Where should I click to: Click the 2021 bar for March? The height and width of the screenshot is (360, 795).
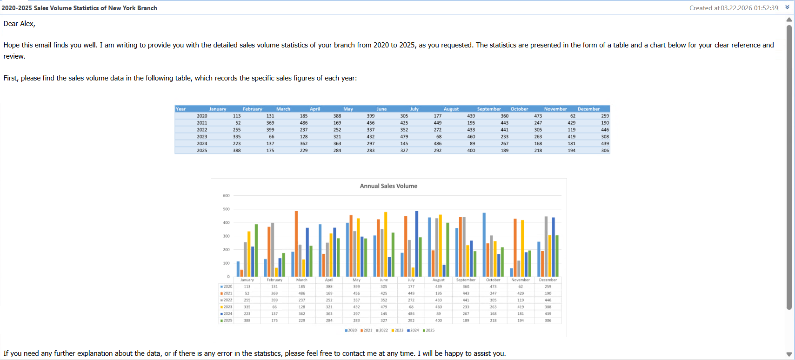coord(296,244)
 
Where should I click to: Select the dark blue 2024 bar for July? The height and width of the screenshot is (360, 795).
coord(416,244)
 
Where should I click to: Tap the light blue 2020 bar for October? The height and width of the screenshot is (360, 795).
coord(484,245)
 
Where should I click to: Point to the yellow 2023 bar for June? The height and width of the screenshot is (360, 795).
coord(386,244)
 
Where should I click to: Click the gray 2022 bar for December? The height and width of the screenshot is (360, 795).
coord(546,247)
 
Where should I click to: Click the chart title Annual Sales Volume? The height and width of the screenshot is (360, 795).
coord(388,186)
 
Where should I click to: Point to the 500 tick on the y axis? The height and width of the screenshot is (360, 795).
coord(226,209)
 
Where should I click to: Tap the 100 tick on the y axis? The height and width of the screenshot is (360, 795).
coord(226,263)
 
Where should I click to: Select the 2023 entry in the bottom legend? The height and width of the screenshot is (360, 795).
coord(398,330)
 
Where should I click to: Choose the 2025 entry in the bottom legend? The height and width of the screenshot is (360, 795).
coord(429,330)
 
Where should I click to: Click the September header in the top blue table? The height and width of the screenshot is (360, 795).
coord(488,109)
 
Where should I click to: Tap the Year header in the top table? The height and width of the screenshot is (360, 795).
coord(180,109)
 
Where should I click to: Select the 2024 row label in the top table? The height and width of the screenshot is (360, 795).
coord(202,144)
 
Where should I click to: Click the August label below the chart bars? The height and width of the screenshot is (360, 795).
coord(438,280)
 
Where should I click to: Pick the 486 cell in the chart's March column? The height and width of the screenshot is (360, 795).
coord(302,293)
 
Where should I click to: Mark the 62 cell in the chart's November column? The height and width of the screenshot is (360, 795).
coord(521,287)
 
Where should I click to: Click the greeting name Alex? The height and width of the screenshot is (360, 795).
coord(27,24)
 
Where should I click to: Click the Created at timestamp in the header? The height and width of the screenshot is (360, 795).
coord(734,8)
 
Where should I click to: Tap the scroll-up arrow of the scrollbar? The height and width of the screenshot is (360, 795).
coord(789,20)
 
